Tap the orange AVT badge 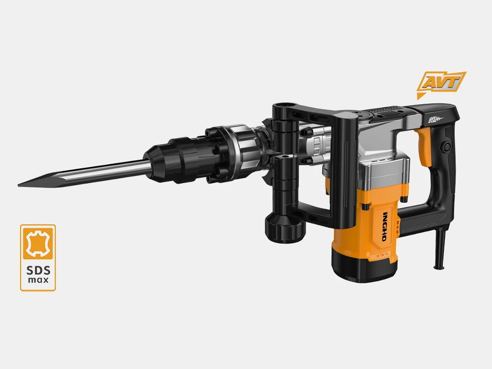click(441, 82)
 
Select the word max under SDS click(38, 280)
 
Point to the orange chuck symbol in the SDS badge click(38, 242)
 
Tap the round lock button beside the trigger click(447, 146)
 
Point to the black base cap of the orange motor click(364, 269)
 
